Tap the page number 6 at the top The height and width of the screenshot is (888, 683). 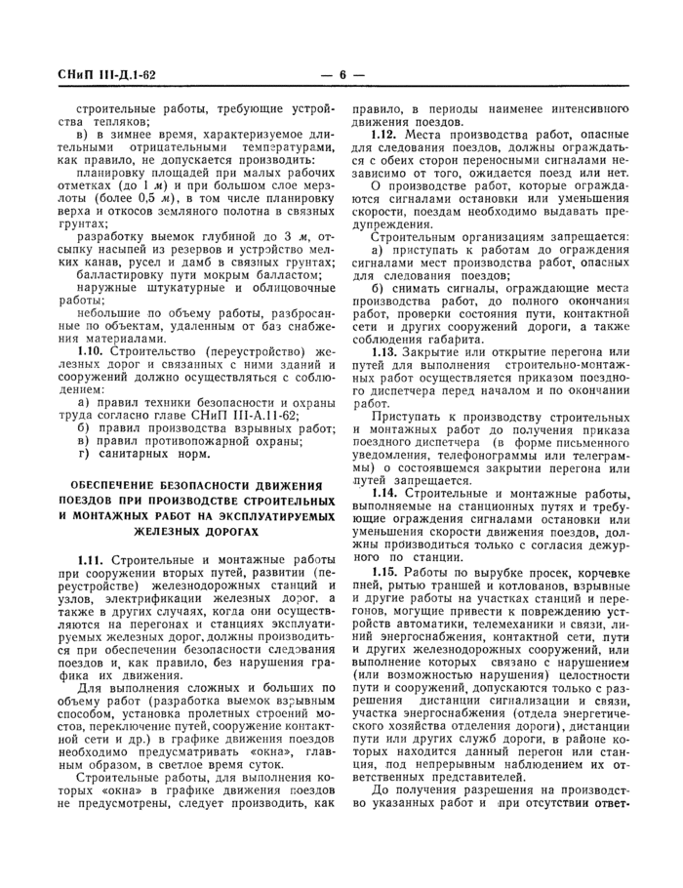[x=343, y=75]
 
